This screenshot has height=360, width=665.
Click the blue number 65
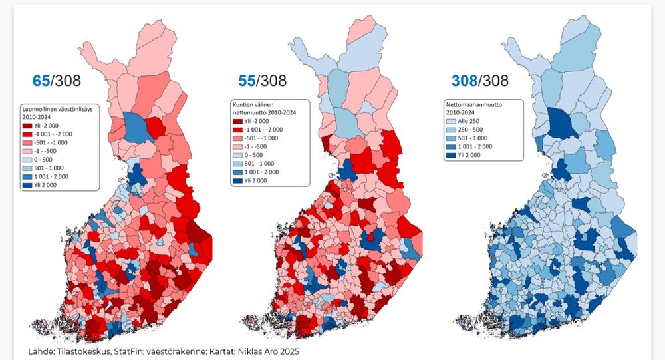click(42, 81)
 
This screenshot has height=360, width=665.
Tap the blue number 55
click(247, 81)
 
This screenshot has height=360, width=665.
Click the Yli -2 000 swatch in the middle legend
click(237, 121)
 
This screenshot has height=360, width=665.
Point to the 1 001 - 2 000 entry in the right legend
click(475, 146)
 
